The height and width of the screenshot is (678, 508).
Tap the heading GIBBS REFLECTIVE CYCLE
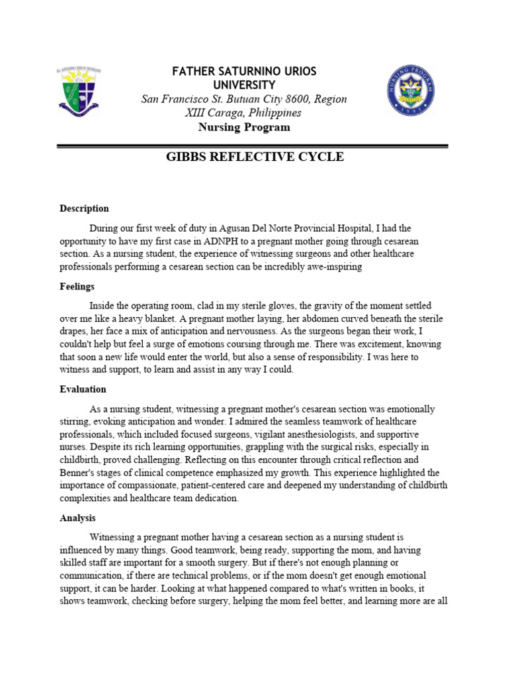coord(254,157)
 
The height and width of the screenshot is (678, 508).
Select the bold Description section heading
coord(84,209)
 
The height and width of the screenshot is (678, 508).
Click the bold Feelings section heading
coord(77,287)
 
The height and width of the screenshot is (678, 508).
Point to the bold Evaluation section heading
coord(83,389)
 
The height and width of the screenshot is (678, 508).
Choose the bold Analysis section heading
coord(78,518)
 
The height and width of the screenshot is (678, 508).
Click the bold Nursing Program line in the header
coord(244,127)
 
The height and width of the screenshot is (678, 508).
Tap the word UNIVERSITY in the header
coord(244,85)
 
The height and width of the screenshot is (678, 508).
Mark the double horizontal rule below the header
coord(254,146)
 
